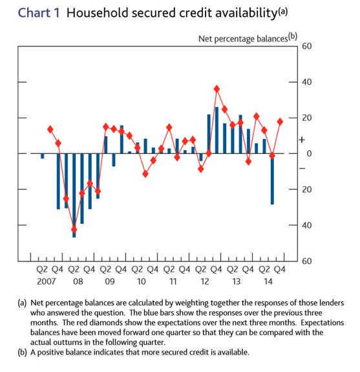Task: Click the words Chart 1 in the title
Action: coord(39,13)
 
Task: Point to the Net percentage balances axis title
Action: coord(243,39)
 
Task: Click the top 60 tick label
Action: coord(306,46)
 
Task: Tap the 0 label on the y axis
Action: coord(309,154)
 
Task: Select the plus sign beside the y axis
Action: coord(302,140)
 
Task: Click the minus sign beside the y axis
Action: coord(302,168)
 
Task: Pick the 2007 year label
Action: coord(47,281)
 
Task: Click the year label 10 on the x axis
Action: coord(142,281)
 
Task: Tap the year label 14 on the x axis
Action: coord(268,281)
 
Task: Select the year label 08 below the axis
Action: coord(78,281)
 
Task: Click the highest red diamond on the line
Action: coord(217,89)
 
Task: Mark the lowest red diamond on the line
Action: coord(74,230)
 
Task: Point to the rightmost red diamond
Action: coord(280,122)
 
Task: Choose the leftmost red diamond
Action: coord(50,129)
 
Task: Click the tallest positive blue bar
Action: coord(217,130)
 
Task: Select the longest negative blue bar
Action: coord(74,195)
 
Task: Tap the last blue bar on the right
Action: coord(272,179)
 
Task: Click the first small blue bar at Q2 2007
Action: coord(42,156)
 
